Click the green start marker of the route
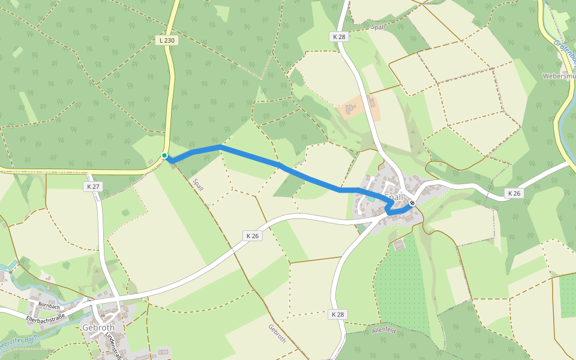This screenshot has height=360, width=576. pyautogui.click(x=164, y=155)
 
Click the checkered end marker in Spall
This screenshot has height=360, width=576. pyautogui.click(x=412, y=203)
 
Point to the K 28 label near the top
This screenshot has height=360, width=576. pyautogui.click(x=339, y=37)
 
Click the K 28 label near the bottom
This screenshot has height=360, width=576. pyautogui.click(x=338, y=314)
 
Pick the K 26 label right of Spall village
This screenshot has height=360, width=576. pyautogui.click(x=514, y=193)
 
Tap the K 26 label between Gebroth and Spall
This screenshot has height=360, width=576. pyautogui.click(x=253, y=236)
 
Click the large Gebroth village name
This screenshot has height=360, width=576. pyautogui.click(x=98, y=328)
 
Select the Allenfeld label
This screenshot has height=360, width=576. pyautogui.click(x=385, y=330)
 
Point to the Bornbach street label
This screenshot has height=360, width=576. pyautogui.click(x=50, y=305)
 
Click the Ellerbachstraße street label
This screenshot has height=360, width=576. pyautogui.click(x=46, y=316)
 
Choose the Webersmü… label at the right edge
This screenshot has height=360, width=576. pyautogui.click(x=558, y=76)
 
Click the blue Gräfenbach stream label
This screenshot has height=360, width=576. pyautogui.click(x=565, y=50)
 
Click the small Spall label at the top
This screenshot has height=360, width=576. pyautogui.click(x=378, y=27)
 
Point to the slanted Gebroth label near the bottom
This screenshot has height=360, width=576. pyautogui.click(x=277, y=334)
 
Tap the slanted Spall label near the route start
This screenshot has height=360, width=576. pyautogui.click(x=197, y=184)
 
